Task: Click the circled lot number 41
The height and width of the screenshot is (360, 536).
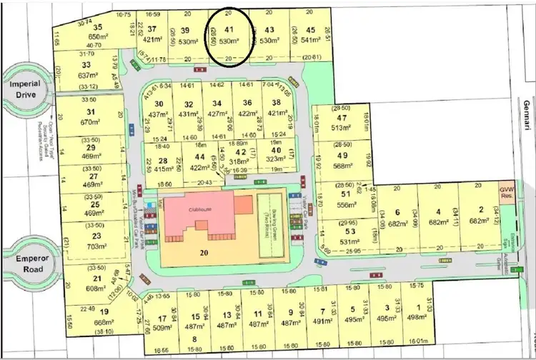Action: [x=229, y=30]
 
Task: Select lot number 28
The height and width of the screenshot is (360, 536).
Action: [x=163, y=161]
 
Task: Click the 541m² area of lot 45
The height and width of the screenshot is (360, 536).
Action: [x=310, y=41]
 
